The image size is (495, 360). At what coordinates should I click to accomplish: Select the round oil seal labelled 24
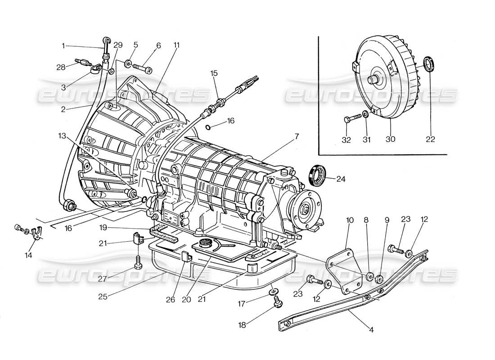(318, 175)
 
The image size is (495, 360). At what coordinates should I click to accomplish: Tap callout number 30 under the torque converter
(390, 139)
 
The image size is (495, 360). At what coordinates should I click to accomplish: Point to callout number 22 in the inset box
(431, 139)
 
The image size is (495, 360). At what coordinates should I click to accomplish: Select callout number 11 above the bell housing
(176, 45)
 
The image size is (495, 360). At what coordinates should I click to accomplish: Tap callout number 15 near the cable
(214, 72)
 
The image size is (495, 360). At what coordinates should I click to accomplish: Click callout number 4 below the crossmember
(370, 329)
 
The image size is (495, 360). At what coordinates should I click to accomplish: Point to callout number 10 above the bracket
(350, 220)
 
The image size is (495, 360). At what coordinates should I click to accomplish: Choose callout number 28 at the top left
(61, 67)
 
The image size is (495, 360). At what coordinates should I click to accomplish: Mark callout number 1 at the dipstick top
(64, 45)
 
